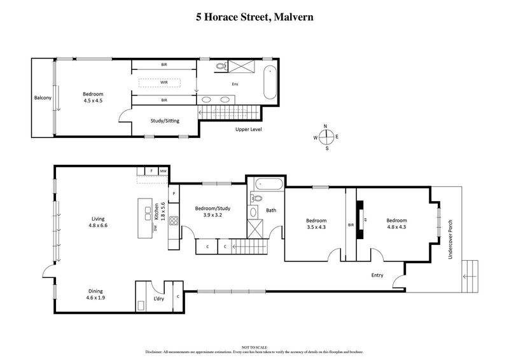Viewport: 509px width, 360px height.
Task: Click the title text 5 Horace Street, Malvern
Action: (x=254, y=17)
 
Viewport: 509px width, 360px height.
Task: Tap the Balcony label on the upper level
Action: (x=43, y=98)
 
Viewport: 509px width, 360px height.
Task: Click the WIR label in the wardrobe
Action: (x=164, y=82)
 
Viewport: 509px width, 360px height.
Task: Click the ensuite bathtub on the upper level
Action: (x=270, y=82)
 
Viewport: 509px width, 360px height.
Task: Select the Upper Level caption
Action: (x=248, y=130)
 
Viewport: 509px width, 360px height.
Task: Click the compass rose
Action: (x=326, y=137)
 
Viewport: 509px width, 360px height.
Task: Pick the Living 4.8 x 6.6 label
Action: (x=97, y=222)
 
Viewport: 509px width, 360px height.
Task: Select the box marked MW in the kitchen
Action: (x=164, y=171)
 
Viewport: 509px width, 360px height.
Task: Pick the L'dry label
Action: (x=158, y=299)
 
